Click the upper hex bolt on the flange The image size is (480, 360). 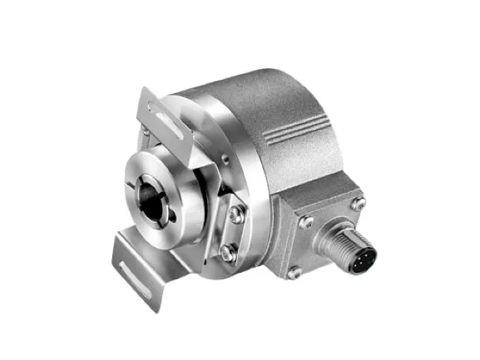point(236,215)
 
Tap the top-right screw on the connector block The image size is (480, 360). point(358,203)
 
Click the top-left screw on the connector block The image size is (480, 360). point(305,221)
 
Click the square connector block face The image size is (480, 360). point(320,233)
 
